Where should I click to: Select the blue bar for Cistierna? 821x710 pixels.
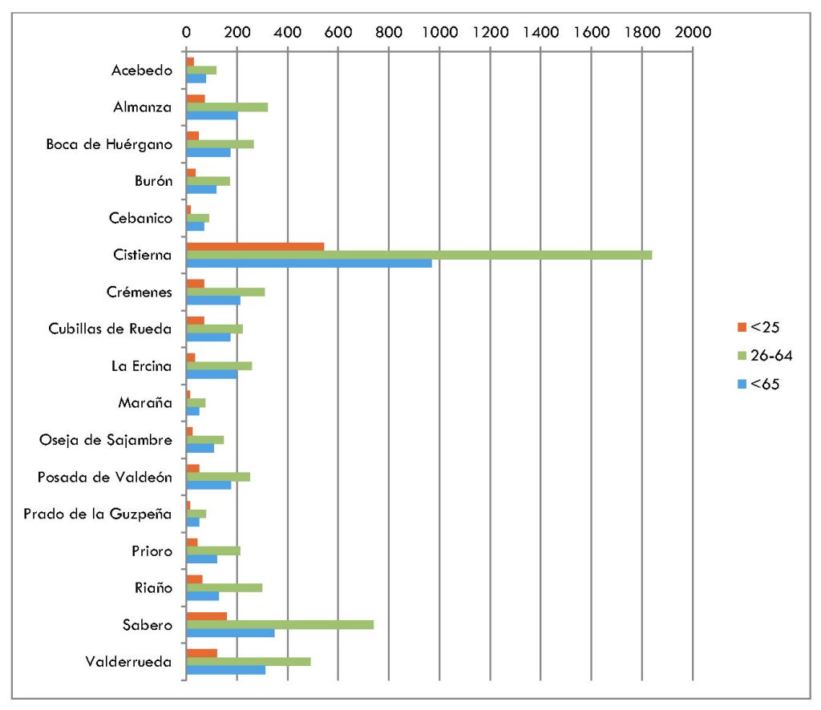309,264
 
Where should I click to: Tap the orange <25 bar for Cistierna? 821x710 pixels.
255,246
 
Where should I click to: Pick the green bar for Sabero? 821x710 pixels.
280,624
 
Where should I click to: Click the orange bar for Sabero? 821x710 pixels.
206,616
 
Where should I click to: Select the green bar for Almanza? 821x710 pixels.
227,107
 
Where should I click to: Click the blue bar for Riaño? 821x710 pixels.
202,596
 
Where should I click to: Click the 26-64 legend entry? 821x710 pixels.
765,355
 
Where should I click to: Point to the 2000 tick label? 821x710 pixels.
693,32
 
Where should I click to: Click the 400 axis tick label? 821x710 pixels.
287,32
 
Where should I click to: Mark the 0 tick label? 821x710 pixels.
186,32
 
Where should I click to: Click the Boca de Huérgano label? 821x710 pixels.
109,144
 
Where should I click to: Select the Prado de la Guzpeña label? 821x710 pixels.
98,514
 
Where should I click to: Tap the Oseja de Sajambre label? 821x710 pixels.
106,439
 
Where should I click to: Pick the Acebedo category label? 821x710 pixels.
142,70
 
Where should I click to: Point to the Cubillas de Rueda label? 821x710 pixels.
109,329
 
